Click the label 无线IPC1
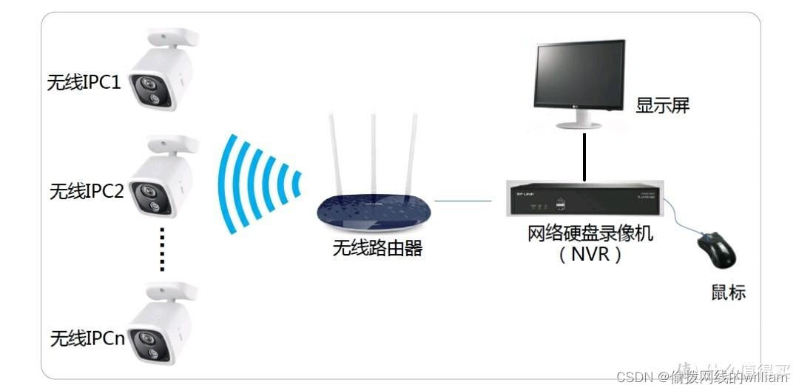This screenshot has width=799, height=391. (x=84, y=81)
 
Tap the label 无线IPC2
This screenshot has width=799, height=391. (x=87, y=191)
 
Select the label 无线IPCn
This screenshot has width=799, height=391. (x=87, y=339)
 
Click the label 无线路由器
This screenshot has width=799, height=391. (x=377, y=248)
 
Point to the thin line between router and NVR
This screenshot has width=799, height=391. (x=463, y=200)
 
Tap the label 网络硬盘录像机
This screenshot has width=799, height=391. (x=590, y=234)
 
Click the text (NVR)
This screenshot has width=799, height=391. (x=590, y=255)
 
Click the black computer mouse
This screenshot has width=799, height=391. (x=716, y=250)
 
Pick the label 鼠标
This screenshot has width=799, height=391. (x=727, y=292)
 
